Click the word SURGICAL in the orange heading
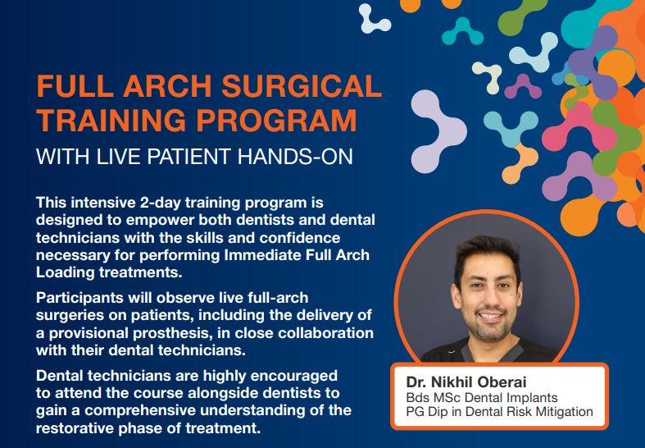[x=302, y=85]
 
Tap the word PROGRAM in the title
[x=276, y=120]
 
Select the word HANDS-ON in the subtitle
[x=295, y=157]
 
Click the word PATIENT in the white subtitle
[x=187, y=157]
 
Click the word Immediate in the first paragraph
[x=263, y=255]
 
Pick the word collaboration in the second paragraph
[x=326, y=332]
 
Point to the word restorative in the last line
[x=75, y=428]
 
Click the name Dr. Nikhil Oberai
[x=466, y=382]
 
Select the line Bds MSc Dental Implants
[x=482, y=398]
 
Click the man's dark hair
[x=487, y=252]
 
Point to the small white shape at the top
[x=373, y=19]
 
